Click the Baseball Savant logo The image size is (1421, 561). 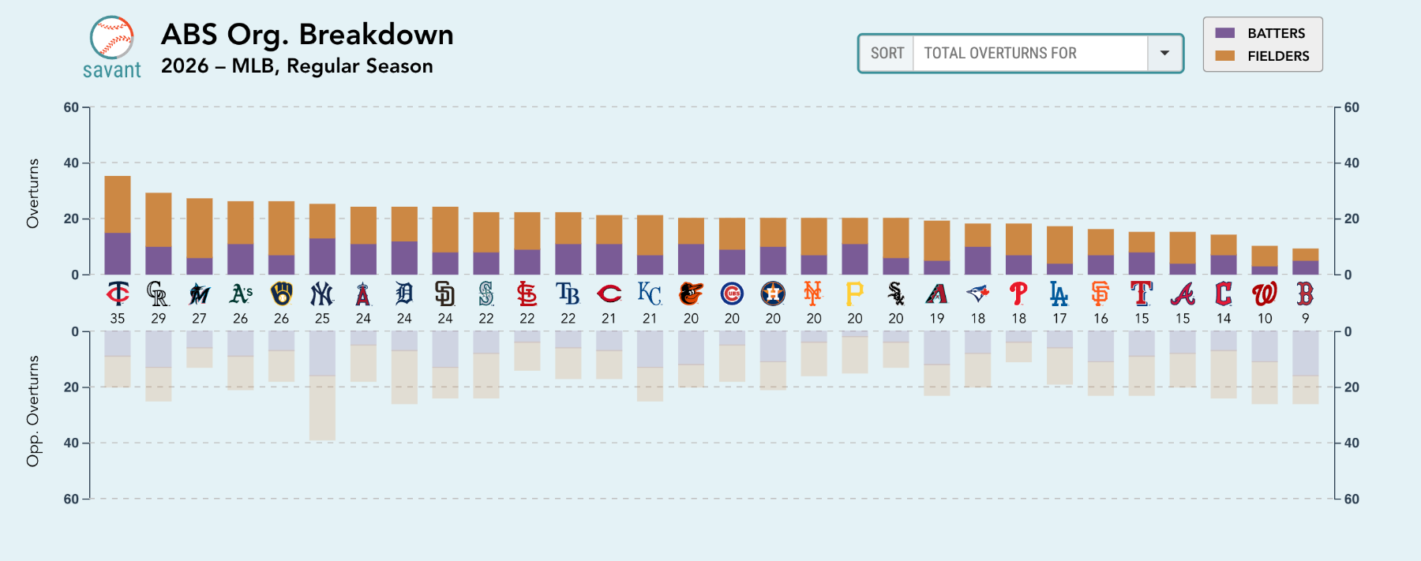(x=111, y=47)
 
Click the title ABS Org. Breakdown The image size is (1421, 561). (x=307, y=35)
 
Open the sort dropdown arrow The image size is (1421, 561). (x=1164, y=53)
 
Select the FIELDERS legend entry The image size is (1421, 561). (x=1263, y=56)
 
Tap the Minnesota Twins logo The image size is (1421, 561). (x=118, y=294)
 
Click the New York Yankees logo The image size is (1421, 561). (x=322, y=294)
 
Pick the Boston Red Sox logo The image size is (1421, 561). (x=1305, y=294)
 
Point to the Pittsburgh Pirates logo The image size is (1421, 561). (x=854, y=294)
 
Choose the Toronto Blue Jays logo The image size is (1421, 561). (x=977, y=294)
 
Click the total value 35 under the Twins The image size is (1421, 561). (x=118, y=319)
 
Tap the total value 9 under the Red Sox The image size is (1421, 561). (x=1305, y=319)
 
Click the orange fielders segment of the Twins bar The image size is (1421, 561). (x=118, y=204)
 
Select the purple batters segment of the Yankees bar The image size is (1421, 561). (x=322, y=256)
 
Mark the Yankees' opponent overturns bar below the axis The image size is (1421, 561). (x=322, y=386)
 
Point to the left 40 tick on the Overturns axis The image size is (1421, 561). (x=71, y=163)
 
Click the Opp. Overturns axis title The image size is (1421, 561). (x=32, y=411)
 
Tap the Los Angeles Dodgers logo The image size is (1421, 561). (x=1059, y=294)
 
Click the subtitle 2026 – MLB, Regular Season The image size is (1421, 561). (x=297, y=66)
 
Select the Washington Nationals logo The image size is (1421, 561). (x=1264, y=294)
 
